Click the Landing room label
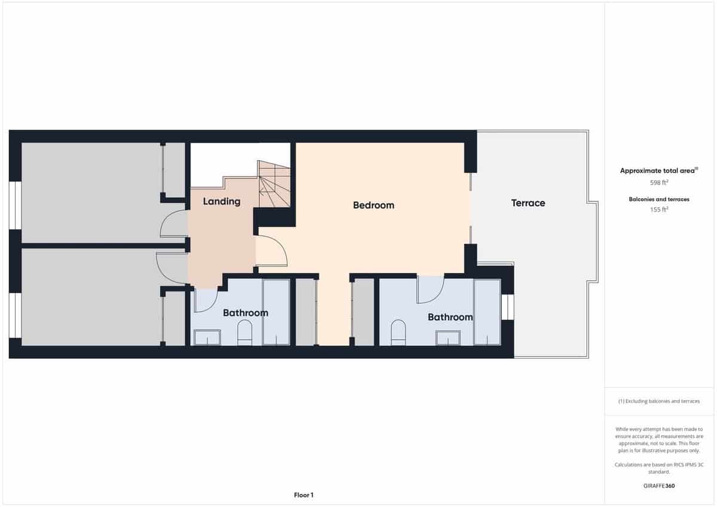pyautogui.click(x=222, y=201)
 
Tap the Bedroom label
pyautogui.click(x=373, y=205)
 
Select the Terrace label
pyautogui.click(x=528, y=203)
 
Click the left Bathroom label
pyautogui.click(x=245, y=313)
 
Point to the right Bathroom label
pyautogui.click(x=450, y=317)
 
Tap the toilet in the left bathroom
pyautogui.click(x=245, y=333)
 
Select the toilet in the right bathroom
pyautogui.click(x=398, y=333)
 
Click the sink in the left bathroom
pyautogui.click(x=207, y=337)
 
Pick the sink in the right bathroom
pyautogui.click(x=448, y=337)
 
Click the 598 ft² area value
pyautogui.click(x=658, y=183)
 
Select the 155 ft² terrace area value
pyautogui.click(x=658, y=210)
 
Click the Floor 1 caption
pyautogui.click(x=304, y=495)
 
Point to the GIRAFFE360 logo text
pyautogui.click(x=658, y=486)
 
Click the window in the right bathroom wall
pyautogui.click(x=507, y=307)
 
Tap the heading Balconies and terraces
pyautogui.click(x=658, y=199)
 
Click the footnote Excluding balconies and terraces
pyautogui.click(x=658, y=401)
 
